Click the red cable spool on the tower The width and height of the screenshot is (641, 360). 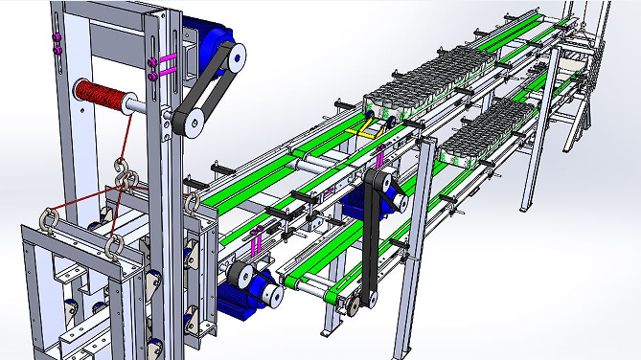pyautogui.click(x=101, y=96)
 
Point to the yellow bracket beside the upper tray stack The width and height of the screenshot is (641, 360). pyautogui.click(x=365, y=125)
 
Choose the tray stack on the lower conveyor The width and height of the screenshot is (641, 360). pyautogui.click(x=496, y=123)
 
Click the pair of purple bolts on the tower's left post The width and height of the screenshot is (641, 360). pyautogui.click(x=56, y=43)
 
